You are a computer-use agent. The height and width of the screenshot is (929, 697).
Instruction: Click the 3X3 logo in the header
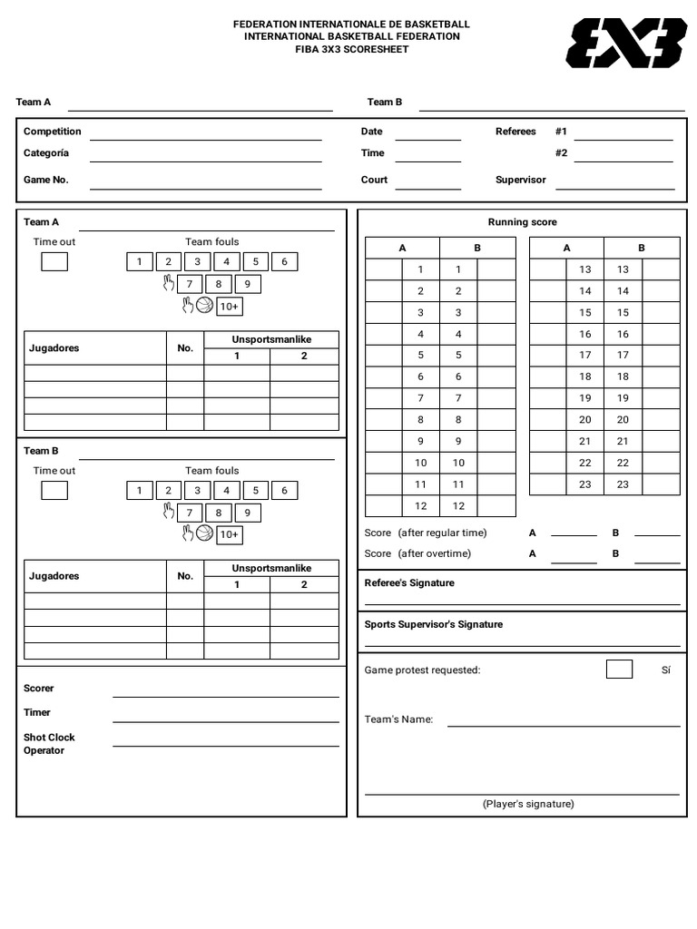click(626, 43)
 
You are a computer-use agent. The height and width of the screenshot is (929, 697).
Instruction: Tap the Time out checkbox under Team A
click(54, 262)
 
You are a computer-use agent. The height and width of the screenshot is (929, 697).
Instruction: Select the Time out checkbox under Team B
click(54, 491)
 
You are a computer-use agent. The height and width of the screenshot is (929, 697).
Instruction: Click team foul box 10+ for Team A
click(230, 307)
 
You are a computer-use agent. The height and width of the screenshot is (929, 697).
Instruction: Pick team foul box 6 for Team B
click(284, 491)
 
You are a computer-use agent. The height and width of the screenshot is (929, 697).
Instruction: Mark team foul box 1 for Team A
click(139, 262)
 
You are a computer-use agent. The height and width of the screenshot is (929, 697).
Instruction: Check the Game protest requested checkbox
click(619, 670)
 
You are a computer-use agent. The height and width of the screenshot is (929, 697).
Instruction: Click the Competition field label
click(53, 132)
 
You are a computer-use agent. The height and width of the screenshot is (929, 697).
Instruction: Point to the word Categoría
click(46, 153)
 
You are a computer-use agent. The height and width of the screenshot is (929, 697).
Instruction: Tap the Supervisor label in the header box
click(521, 180)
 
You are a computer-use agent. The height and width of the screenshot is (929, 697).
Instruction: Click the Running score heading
click(523, 222)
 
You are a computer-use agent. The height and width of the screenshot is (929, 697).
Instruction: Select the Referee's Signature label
click(409, 582)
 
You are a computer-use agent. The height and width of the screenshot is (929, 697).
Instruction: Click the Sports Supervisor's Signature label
click(434, 624)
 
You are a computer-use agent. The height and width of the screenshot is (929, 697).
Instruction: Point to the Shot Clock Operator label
click(49, 744)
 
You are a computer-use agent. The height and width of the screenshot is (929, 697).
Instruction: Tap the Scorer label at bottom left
click(39, 688)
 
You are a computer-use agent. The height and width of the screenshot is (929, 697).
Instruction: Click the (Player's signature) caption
click(528, 804)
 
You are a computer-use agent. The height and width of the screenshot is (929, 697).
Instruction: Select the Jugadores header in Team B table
click(54, 576)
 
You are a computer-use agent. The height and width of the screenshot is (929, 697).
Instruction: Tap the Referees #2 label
click(562, 153)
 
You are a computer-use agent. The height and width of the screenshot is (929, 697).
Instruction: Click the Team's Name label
click(398, 719)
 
